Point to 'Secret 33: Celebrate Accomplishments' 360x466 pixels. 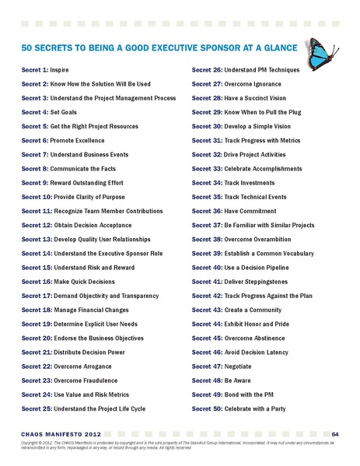245,167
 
